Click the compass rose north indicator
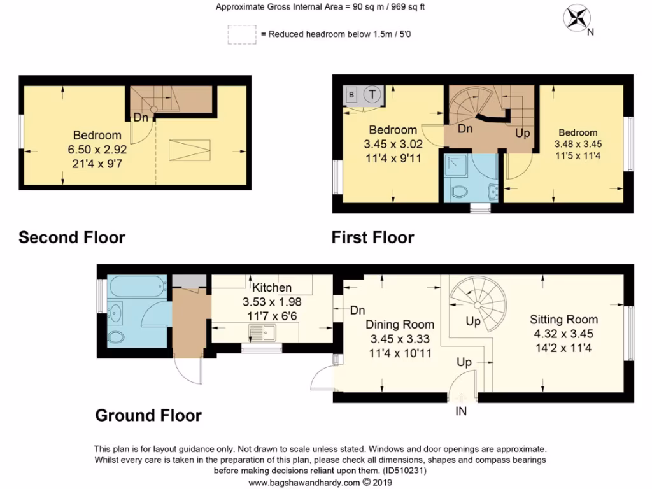tap(579, 18)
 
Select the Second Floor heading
tap(72, 238)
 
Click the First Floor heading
tap(372, 238)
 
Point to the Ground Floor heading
tap(148, 416)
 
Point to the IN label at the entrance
tap(461, 411)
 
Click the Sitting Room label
tap(564, 320)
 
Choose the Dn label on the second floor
tap(141, 117)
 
